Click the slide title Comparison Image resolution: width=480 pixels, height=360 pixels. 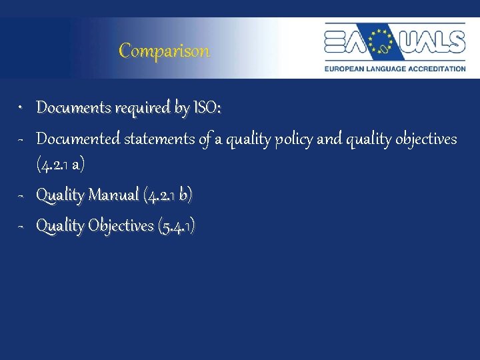click(164, 51)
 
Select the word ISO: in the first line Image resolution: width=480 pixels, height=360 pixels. click(207, 107)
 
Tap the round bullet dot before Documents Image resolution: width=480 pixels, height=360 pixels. click(21, 107)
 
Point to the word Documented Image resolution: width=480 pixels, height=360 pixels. click(77, 139)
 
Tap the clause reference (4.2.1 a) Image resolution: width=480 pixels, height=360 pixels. click(60, 164)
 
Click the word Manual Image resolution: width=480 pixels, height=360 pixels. click(114, 195)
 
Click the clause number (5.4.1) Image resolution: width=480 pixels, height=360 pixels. click(176, 227)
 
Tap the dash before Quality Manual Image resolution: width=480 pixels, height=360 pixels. click(21, 195)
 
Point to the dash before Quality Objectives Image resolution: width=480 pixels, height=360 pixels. click(21, 227)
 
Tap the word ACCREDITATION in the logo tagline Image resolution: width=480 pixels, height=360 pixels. click(435, 68)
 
